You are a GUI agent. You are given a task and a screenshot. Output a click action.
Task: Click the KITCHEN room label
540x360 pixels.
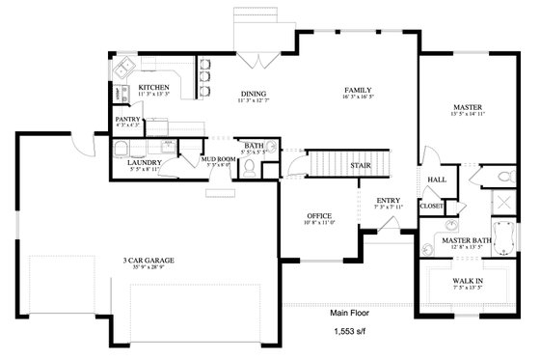tap(154, 87)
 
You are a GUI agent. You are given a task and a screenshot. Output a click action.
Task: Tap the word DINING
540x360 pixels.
tap(254, 94)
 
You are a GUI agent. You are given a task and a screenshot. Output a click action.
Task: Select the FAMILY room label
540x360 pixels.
tap(359, 90)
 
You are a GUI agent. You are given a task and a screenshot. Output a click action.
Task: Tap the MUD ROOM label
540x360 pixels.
tap(218, 158)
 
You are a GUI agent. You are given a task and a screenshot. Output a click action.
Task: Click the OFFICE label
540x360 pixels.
tap(319, 215)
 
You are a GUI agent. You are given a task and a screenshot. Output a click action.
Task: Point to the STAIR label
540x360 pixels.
tap(361, 165)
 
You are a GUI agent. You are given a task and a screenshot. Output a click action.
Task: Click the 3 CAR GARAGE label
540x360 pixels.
tap(151, 260)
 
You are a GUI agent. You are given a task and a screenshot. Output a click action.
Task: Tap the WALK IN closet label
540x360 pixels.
tap(468, 280)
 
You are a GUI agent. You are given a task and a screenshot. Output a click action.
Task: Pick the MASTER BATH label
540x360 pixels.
tap(468, 238)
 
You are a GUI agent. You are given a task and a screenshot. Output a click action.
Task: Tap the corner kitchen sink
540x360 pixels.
tap(123, 71)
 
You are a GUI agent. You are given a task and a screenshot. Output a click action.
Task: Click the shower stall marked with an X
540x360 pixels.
tap(502, 204)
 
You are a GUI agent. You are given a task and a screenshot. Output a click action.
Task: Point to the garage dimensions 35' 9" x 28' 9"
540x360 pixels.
tap(151, 267)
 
